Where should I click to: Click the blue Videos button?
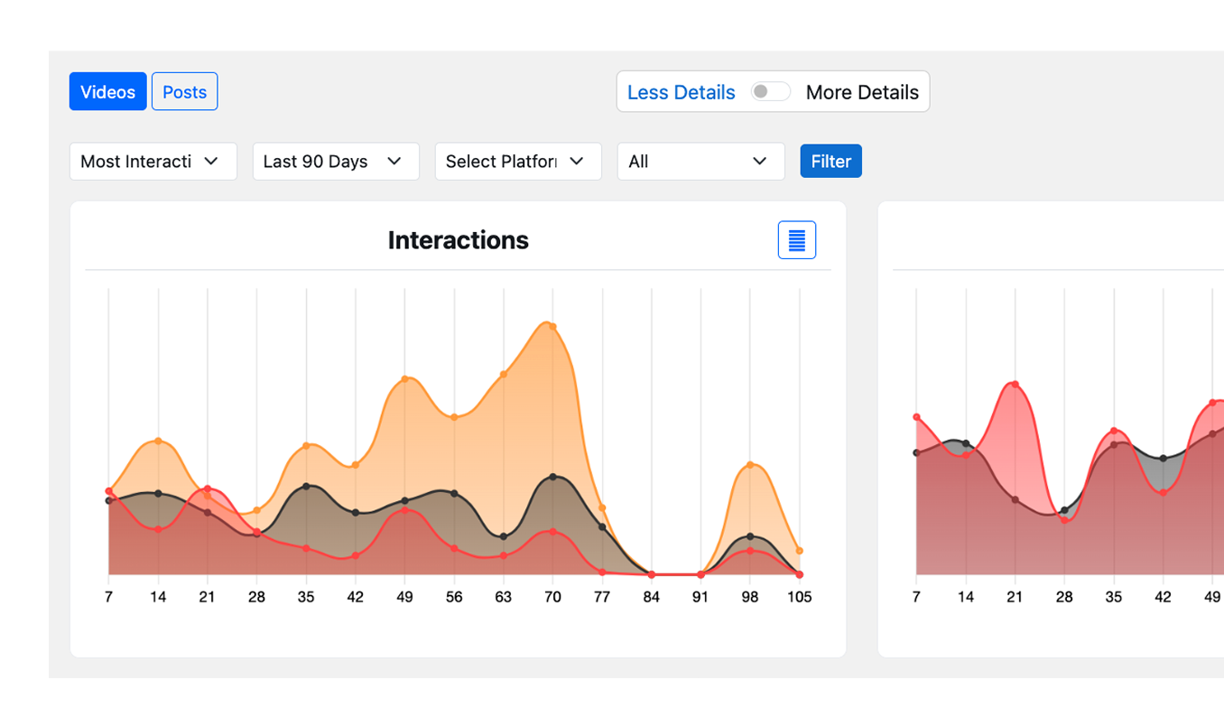pos(107,92)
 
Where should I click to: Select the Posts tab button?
pos(184,92)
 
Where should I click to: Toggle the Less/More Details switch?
pos(771,92)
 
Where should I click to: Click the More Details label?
pos(861,92)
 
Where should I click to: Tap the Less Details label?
pos(681,92)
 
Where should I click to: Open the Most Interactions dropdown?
pos(153,162)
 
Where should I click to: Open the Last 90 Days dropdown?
pos(335,162)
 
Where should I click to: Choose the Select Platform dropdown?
pos(517,162)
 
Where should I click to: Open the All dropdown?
pos(700,162)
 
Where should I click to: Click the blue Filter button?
pos(830,162)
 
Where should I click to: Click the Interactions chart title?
pos(458,240)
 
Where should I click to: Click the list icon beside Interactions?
pos(796,240)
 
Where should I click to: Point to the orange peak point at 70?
pos(552,327)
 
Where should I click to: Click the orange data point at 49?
pos(405,378)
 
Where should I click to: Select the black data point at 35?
pos(306,486)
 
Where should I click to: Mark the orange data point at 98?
pos(750,465)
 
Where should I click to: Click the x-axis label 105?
pos(799,597)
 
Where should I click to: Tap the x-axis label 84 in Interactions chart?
pos(651,597)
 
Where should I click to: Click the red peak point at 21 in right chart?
pos(1015,385)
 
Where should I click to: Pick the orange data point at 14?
pos(158,441)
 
